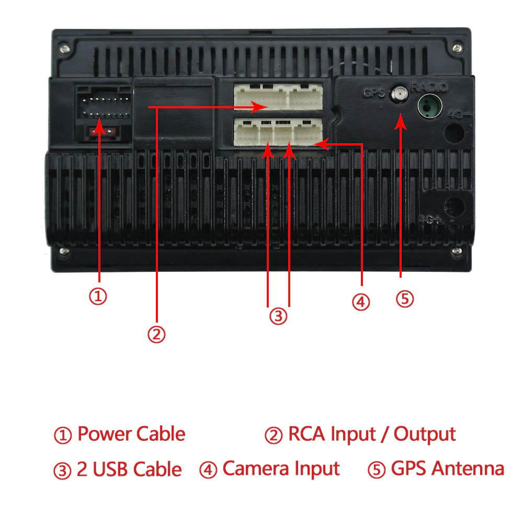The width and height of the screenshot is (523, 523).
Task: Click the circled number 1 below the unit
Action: [x=98, y=297]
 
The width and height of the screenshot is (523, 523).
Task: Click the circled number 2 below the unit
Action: [x=156, y=334]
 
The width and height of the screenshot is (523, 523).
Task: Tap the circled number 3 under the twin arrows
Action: [x=278, y=316]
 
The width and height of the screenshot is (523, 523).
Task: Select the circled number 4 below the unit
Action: [x=360, y=302]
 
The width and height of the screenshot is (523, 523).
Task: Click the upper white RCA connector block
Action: [x=278, y=97]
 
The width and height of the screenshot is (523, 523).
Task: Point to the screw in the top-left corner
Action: [x=64, y=47]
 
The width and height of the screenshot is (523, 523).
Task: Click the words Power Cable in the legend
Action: [x=131, y=434]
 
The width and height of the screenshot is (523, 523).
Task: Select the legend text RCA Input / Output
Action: [x=371, y=434]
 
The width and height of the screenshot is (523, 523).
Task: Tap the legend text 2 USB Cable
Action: [x=129, y=469]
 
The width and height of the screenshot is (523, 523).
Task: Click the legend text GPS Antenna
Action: [x=447, y=469]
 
